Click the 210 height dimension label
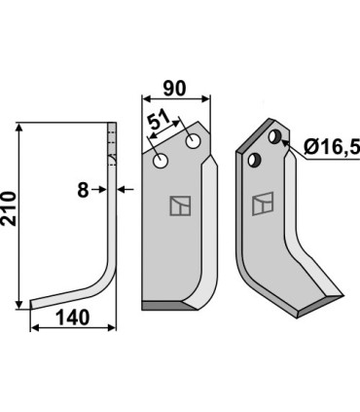[9, 208]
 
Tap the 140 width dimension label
[72, 318]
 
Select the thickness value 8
[83, 190]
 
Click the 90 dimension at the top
[174, 89]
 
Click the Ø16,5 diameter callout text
[332, 148]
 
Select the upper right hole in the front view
[193, 141]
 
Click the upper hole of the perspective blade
[274, 136]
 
